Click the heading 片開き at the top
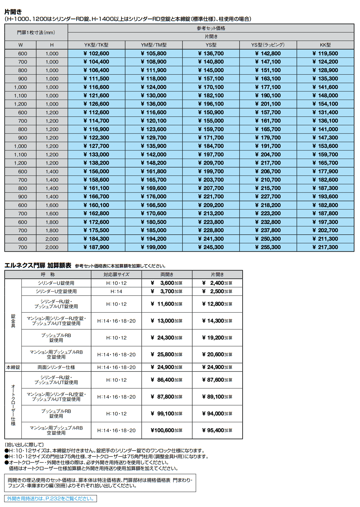point(13,12)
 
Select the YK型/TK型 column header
point(96,45)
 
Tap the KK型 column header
point(325,45)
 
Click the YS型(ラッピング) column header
point(268,45)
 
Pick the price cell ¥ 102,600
point(96,54)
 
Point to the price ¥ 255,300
point(268,247)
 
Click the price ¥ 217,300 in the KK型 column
point(325,247)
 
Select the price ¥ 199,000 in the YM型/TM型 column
point(154,247)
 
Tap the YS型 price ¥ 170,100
point(211,87)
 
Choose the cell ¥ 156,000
point(96,171)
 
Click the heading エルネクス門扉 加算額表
point(38,265)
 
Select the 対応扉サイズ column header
point(116,275)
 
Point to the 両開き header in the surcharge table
point(167,275)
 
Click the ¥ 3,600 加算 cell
point(167,283)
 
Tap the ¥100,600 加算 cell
point(167,430)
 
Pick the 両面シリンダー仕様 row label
point(56,367)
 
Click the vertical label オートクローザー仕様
point(13,405)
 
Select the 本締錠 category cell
point(13,367)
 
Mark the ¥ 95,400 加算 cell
point(217,430)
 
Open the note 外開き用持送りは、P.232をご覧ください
point(50,499)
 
